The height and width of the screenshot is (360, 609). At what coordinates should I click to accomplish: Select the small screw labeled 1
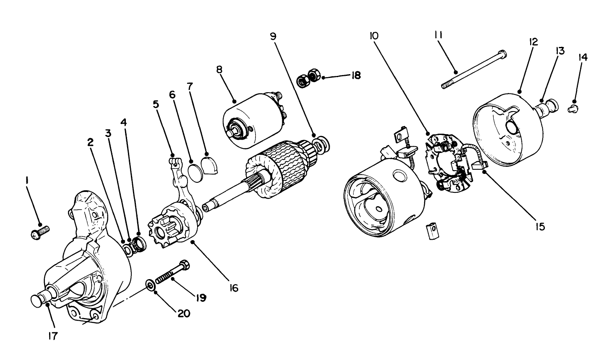40,232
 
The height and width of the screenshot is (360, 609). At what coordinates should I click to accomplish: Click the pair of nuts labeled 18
308,78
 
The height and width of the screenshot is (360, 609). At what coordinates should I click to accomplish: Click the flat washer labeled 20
150,285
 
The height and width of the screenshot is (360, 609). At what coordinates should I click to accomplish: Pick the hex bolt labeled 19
172,272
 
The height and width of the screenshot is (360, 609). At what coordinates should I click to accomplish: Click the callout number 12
533,42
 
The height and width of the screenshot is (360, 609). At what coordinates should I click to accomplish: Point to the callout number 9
273,36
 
